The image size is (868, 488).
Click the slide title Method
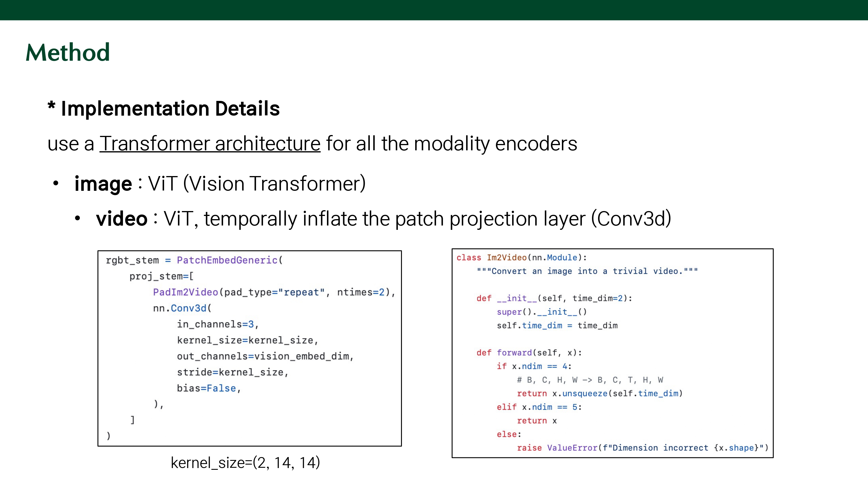coord(68,53)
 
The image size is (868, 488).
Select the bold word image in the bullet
coord(103,184)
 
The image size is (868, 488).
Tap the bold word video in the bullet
coord(122,219)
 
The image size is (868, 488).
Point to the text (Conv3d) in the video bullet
coord(631,219)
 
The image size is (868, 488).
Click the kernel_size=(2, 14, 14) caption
coord(245,463)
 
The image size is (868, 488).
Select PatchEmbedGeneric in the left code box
coord(227,260)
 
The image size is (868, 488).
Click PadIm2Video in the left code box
coord(185,292)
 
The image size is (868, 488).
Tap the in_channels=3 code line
coord(218,324)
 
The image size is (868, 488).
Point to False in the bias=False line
coord(221,388)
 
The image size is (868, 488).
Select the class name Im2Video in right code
coord(506,258)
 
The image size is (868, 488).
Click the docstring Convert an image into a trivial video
coord(587,271)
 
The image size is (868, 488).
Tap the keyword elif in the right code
coord(506,407)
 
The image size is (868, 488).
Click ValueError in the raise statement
coord(572,448)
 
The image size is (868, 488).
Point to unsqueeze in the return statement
coord(585,393)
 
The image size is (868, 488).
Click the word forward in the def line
coord(514,353)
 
